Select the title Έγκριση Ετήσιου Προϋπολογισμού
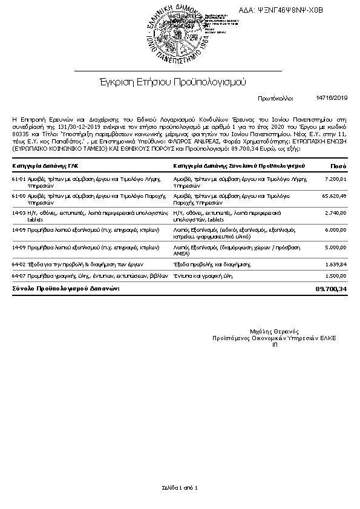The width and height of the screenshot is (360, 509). (172, 82)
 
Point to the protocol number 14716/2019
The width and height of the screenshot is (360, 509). (332, 97)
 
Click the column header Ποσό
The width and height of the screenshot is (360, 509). (338, 165)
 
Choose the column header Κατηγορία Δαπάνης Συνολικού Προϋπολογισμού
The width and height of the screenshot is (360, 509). (238, 165)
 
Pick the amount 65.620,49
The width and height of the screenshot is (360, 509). (334, 196)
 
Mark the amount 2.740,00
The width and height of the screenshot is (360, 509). (335, 214)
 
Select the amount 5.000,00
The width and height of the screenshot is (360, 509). (335, 248)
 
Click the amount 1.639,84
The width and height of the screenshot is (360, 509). (335, 264)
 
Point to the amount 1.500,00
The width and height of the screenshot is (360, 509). (335, 276)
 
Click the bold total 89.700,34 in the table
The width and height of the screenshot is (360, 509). (331, 290)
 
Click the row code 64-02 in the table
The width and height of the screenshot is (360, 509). (19, 264)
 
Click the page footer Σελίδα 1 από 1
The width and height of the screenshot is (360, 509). (180, 487)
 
